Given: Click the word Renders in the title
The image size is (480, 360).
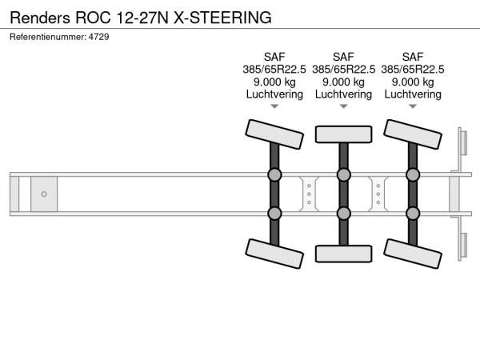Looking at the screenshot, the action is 40,18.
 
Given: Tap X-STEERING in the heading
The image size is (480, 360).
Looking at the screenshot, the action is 222,18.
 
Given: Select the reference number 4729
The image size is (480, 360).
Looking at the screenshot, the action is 99,37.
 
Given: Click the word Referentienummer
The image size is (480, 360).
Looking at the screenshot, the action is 48,37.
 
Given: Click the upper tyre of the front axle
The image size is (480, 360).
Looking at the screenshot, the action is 274,134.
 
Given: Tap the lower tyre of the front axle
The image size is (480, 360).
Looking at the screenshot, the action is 274,254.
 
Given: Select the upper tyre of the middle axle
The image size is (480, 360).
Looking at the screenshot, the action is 343,134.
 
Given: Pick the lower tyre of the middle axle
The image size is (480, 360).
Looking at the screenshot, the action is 343,254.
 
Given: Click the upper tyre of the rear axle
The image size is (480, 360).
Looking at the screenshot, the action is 413,134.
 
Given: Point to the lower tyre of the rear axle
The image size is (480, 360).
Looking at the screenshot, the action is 413,254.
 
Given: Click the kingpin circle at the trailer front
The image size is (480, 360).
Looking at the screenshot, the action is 44,194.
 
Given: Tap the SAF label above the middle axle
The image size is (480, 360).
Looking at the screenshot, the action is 343,57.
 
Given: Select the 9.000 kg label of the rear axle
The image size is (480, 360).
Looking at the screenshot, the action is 413,82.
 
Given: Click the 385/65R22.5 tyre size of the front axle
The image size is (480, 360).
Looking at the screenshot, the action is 274,70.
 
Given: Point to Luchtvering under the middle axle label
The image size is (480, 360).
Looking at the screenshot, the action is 343,94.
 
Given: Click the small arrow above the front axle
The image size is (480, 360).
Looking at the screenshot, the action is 274,106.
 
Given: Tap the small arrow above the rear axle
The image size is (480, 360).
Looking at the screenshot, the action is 413,106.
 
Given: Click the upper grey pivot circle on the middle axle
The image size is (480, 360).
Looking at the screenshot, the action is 343,174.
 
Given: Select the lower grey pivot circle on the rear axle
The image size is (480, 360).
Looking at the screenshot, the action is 413,214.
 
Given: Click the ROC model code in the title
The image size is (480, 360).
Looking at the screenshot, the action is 93,18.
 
